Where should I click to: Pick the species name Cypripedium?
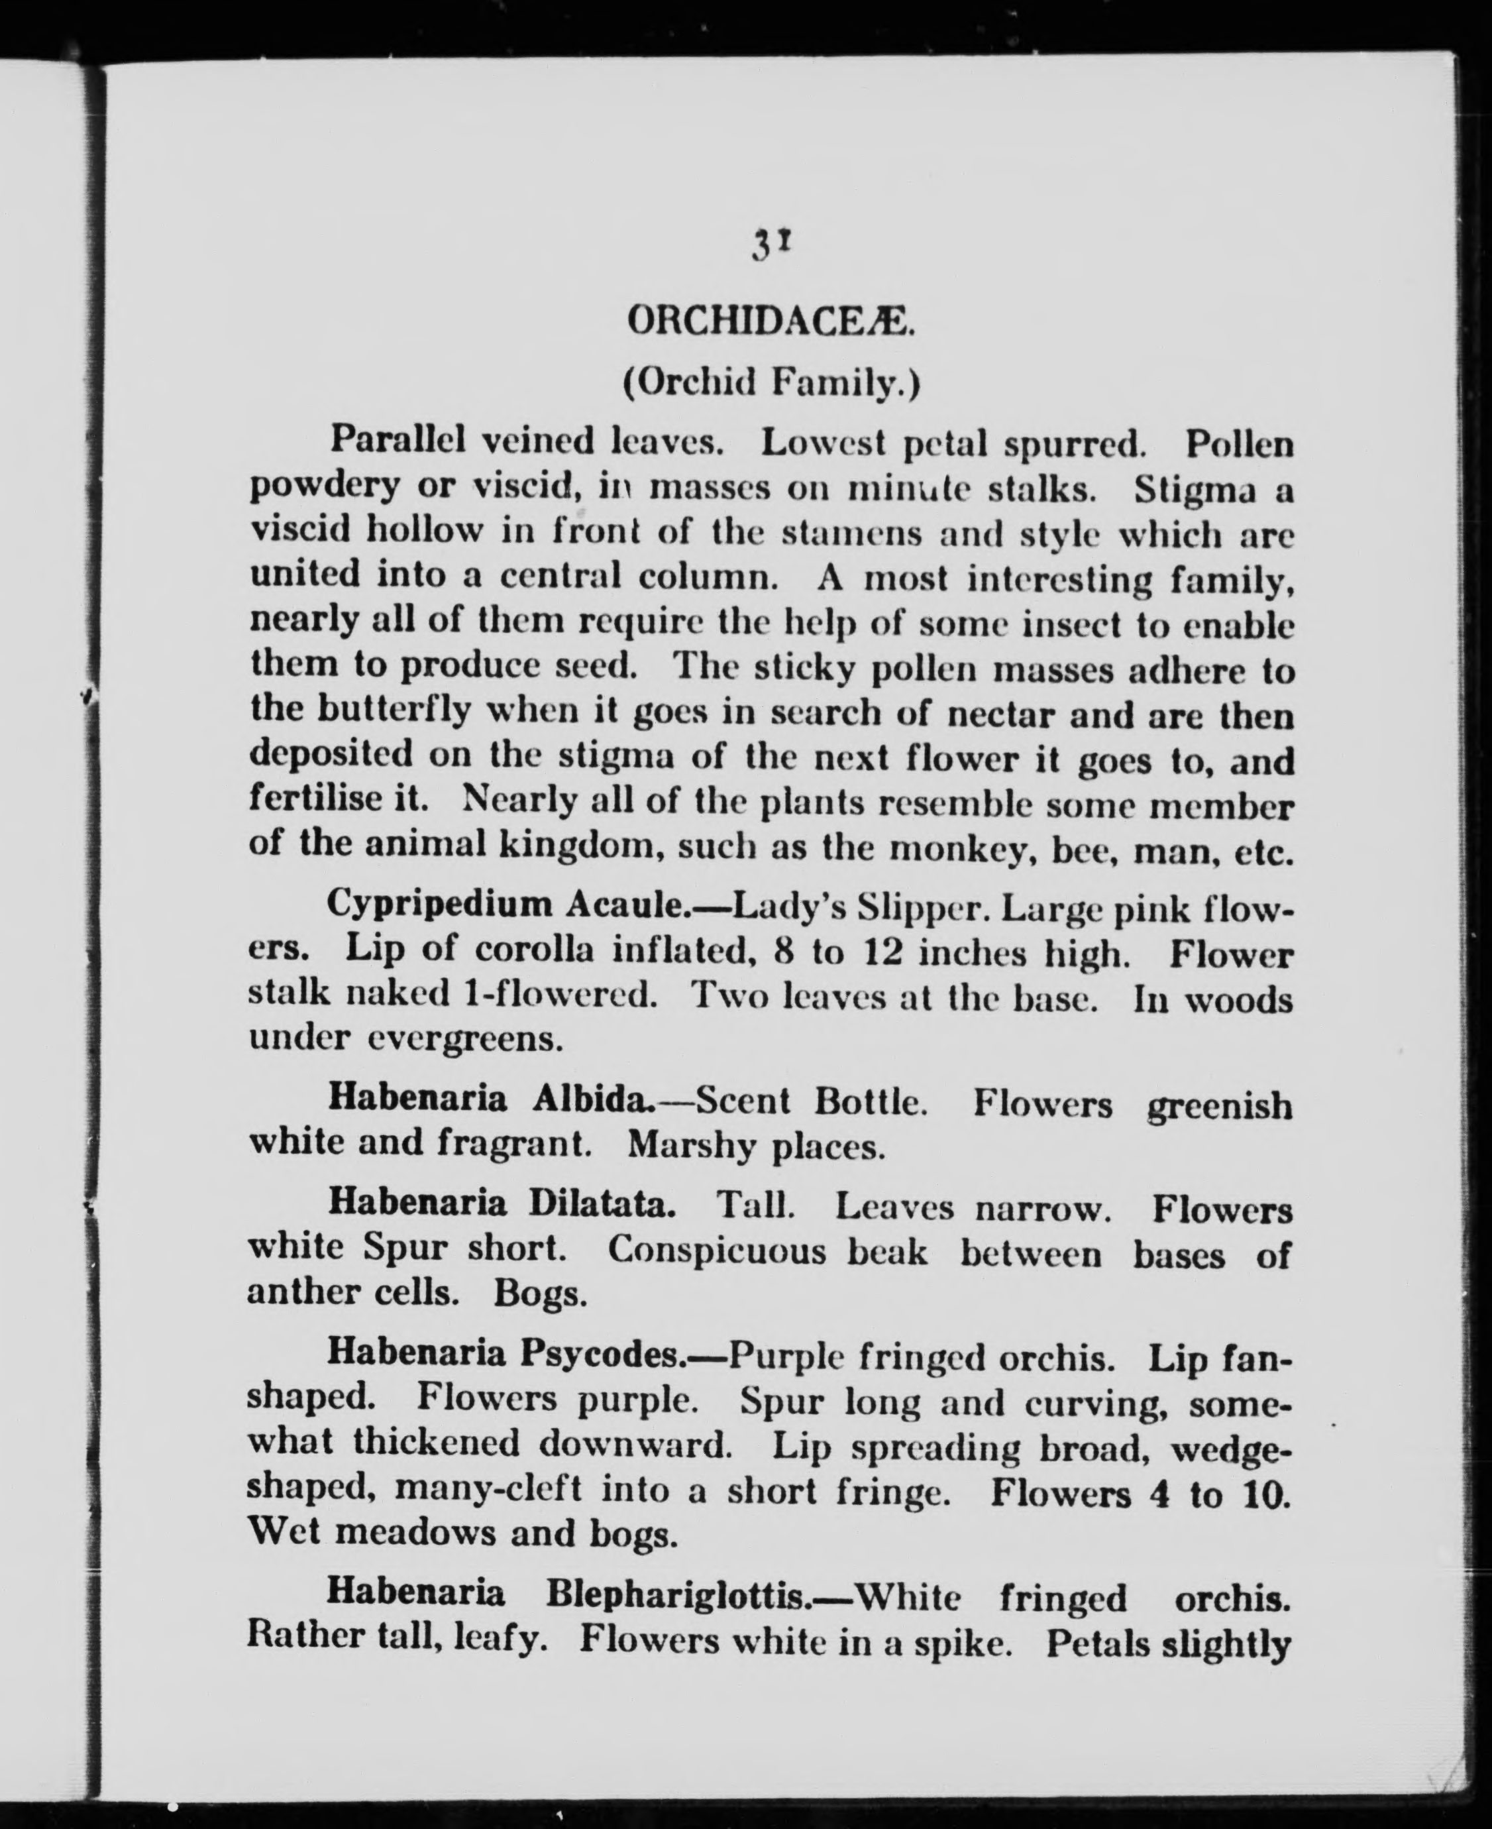[x=439, y=905]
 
